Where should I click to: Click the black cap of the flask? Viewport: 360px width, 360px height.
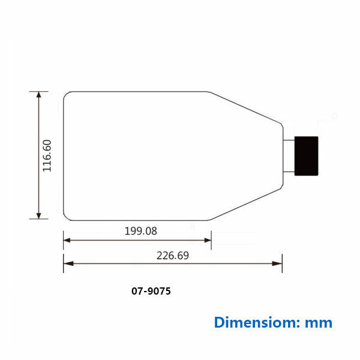click(306, 156)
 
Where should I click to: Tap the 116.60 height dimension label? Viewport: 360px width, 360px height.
click(47, 155)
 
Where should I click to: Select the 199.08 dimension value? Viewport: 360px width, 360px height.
click(141, 231)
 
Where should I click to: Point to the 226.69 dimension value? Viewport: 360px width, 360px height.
click(173, 256)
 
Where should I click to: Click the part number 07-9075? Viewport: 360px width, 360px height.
click(151, 291)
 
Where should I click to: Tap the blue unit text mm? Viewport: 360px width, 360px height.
click(319, 323)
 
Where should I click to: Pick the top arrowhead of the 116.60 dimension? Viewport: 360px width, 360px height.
click(39, 94)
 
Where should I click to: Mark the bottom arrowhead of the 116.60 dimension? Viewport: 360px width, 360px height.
click(39, 216)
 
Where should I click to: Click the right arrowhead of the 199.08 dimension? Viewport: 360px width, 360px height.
click(208, 241)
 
